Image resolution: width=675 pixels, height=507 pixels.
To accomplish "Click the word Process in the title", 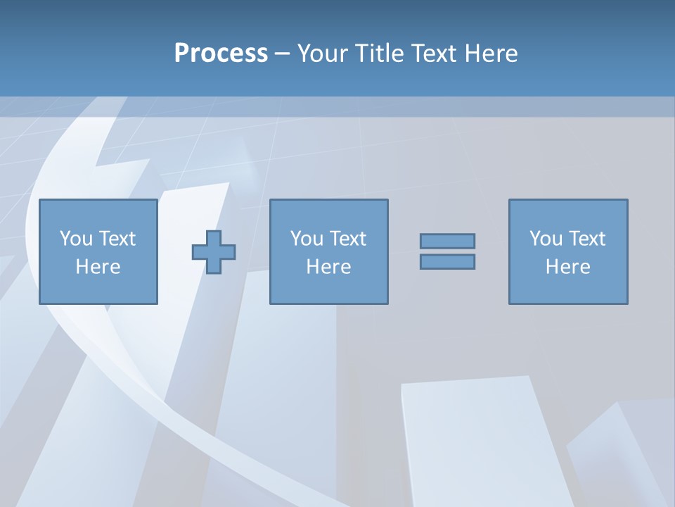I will (x=221, y=54).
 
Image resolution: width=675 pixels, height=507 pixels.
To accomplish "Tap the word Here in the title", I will (x=490, y=54).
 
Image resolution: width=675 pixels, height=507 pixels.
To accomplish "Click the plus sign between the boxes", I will (x=214, y=251).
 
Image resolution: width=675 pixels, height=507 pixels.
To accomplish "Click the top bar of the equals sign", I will (x=447, y=241).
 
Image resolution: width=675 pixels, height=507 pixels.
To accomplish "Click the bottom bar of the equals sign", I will (x=447, y=261).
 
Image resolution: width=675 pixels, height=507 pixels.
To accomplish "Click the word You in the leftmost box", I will (x=76, y=239).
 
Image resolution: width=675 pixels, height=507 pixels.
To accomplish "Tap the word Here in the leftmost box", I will (x=98, y=267).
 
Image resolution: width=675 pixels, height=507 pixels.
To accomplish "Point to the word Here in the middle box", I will (x=328, y=267).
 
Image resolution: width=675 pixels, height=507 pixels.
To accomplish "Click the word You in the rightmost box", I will (x=546, y=239).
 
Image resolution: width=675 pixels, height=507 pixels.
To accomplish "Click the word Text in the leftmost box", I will (x=117, y=239).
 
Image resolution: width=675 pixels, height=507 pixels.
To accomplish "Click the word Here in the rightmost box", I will (x=567, y=267).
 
